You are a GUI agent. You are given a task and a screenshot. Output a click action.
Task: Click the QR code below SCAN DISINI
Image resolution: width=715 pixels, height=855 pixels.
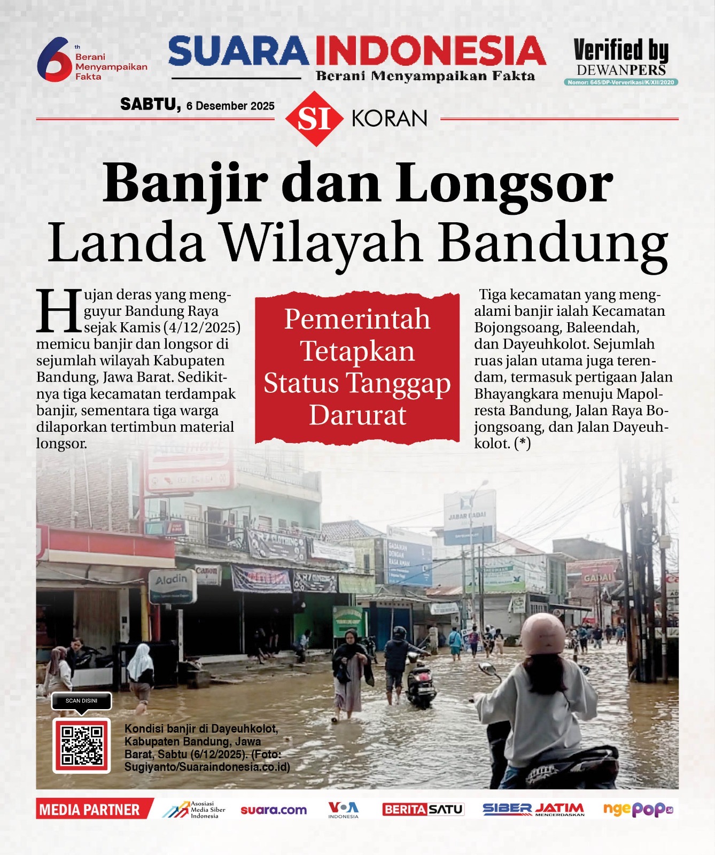(82, 745)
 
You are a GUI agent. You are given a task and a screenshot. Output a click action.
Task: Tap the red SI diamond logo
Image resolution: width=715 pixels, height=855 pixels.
(314, 119)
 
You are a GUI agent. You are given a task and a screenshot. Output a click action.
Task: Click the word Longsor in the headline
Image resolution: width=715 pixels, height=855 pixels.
(503, 183)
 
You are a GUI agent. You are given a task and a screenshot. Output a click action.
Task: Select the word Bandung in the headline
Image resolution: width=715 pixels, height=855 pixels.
(554, 243)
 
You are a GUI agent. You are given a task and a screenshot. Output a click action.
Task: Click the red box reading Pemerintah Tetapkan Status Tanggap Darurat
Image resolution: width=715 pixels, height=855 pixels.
(357, 368)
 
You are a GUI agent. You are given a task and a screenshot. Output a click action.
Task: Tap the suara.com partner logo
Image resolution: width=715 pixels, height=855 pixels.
(274, 810)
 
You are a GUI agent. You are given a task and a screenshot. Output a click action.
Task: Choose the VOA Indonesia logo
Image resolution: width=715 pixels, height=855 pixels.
(343, 810)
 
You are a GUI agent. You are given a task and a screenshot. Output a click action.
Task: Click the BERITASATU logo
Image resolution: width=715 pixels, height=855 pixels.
(423, 810)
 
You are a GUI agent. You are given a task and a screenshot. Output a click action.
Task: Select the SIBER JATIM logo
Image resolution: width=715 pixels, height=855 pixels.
(533, 810)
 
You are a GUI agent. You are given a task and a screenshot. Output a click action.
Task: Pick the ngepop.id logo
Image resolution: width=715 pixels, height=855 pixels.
(638, 810)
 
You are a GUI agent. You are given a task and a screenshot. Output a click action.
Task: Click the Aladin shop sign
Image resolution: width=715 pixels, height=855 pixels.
(172, 586)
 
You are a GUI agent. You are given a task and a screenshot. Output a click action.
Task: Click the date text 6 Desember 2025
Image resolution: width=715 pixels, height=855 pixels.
(230, 106)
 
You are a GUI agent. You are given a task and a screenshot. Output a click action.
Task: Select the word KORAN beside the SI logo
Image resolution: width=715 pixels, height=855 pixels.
(390, 119)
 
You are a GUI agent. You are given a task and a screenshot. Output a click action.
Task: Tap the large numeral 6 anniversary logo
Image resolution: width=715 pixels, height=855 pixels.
(53, 59)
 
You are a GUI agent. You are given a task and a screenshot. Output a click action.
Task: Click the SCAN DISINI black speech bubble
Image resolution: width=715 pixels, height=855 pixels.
(82, 701)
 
